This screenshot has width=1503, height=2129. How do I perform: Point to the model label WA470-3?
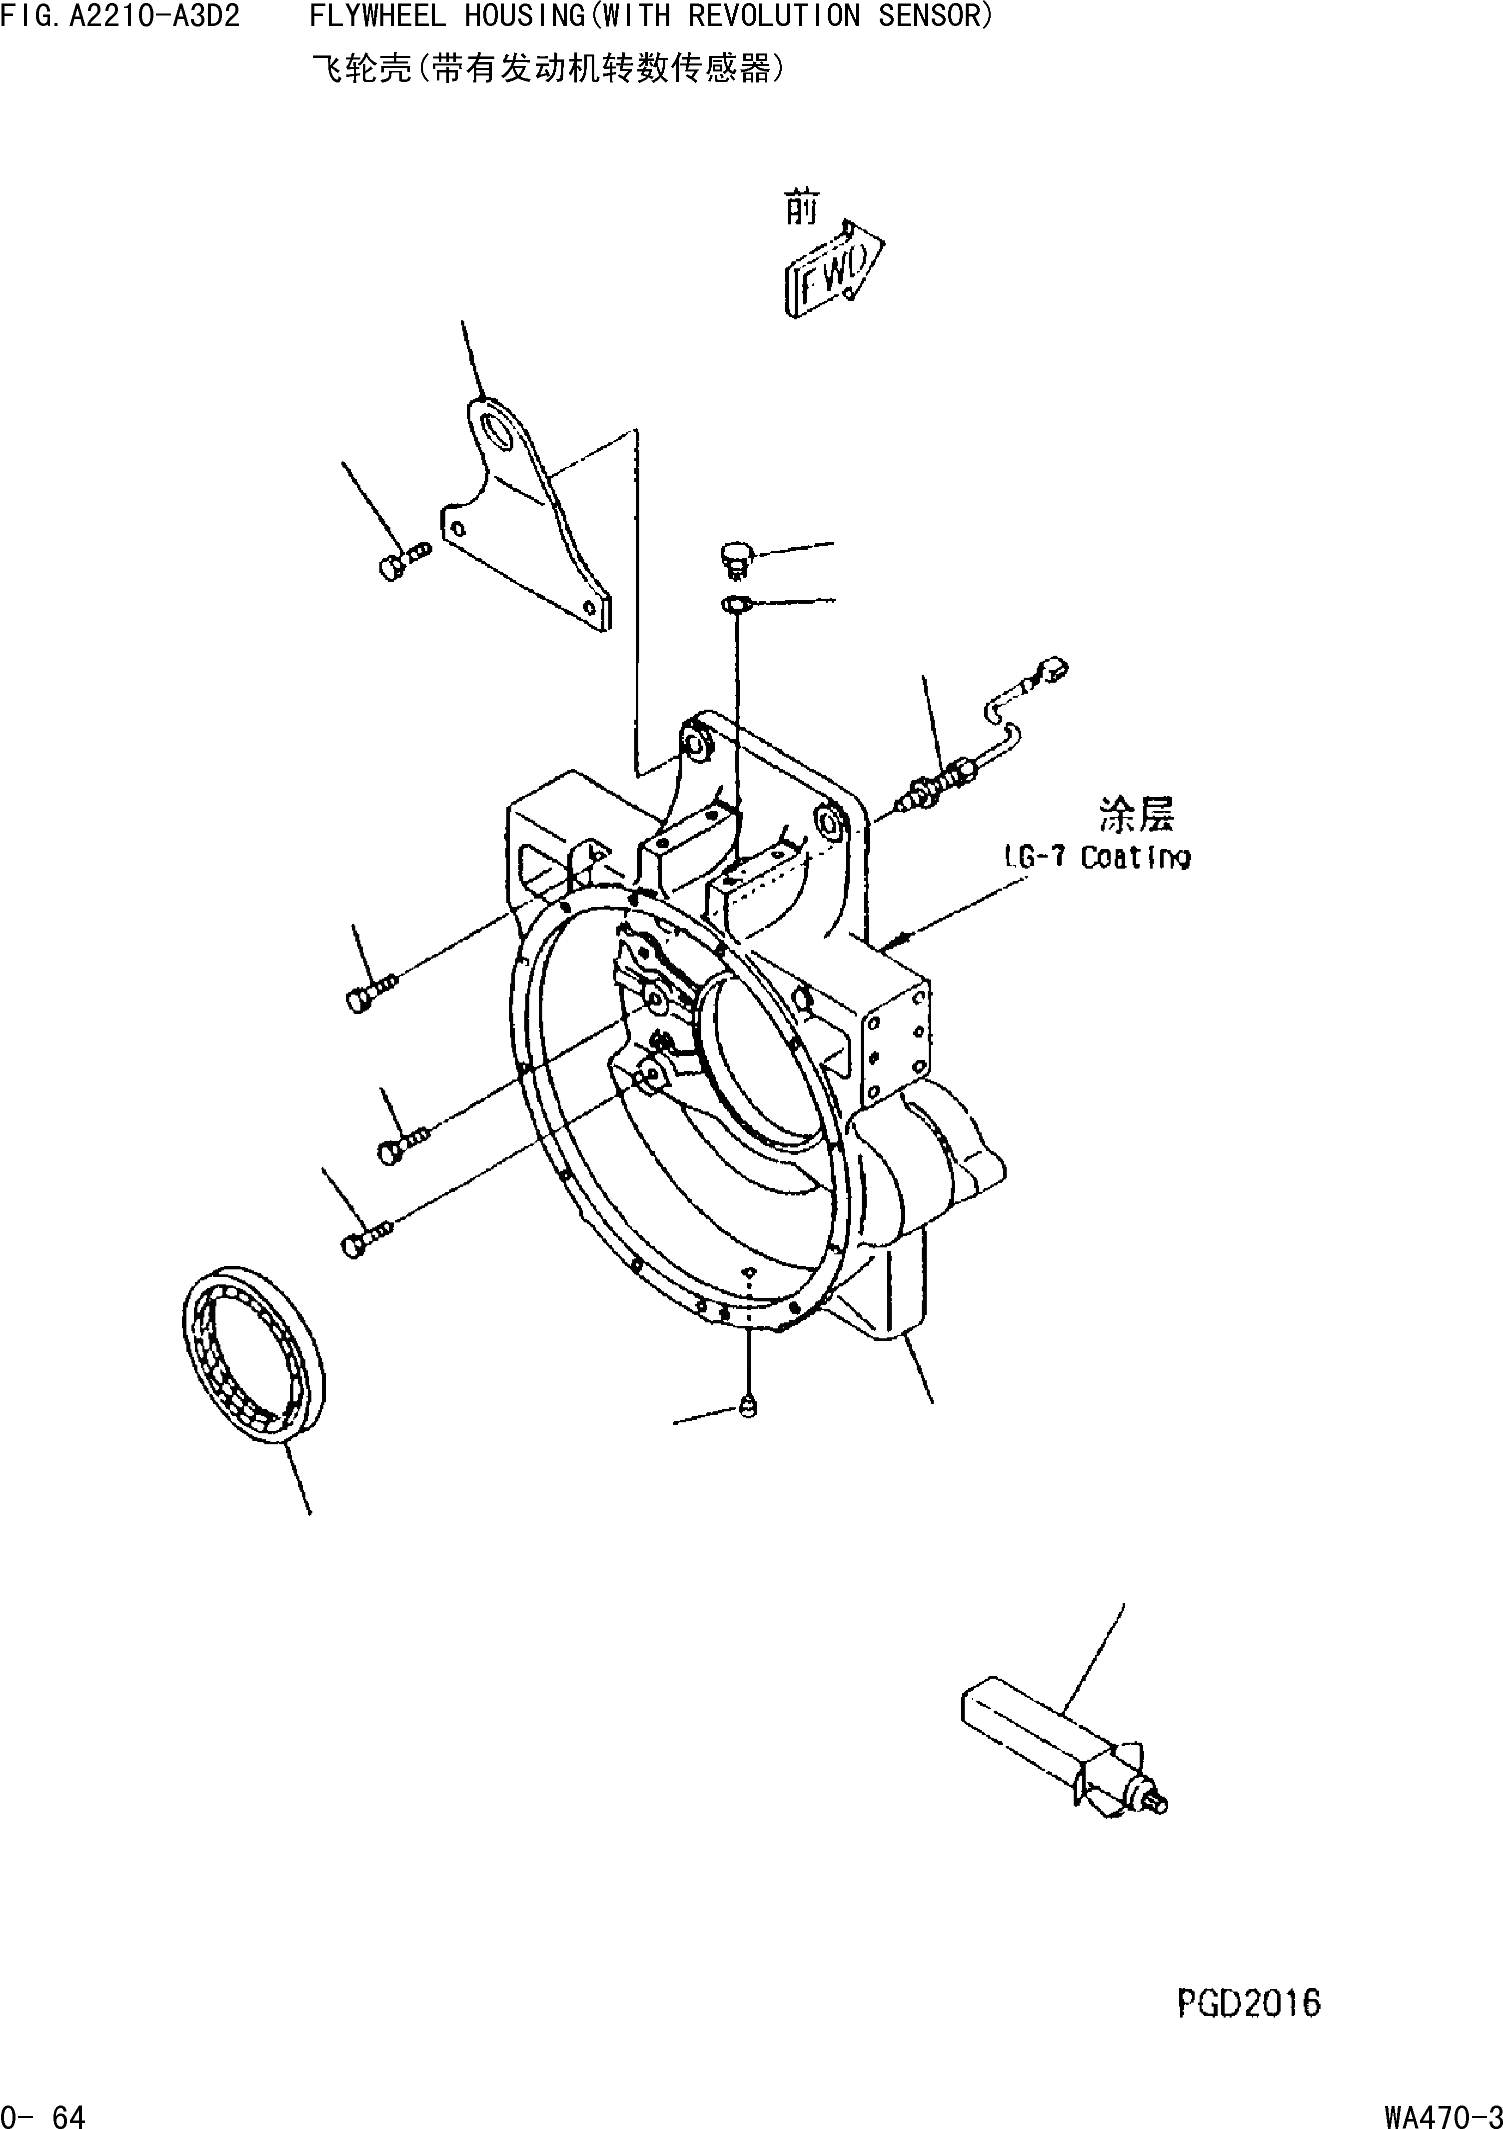pyautogui.click(x=1442, y=2113)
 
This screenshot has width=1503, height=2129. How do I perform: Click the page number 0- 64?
pyautogui.click(x=43, y=2113)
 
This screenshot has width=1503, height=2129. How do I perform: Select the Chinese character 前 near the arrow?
pyautogui.click(x=801, y=208)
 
